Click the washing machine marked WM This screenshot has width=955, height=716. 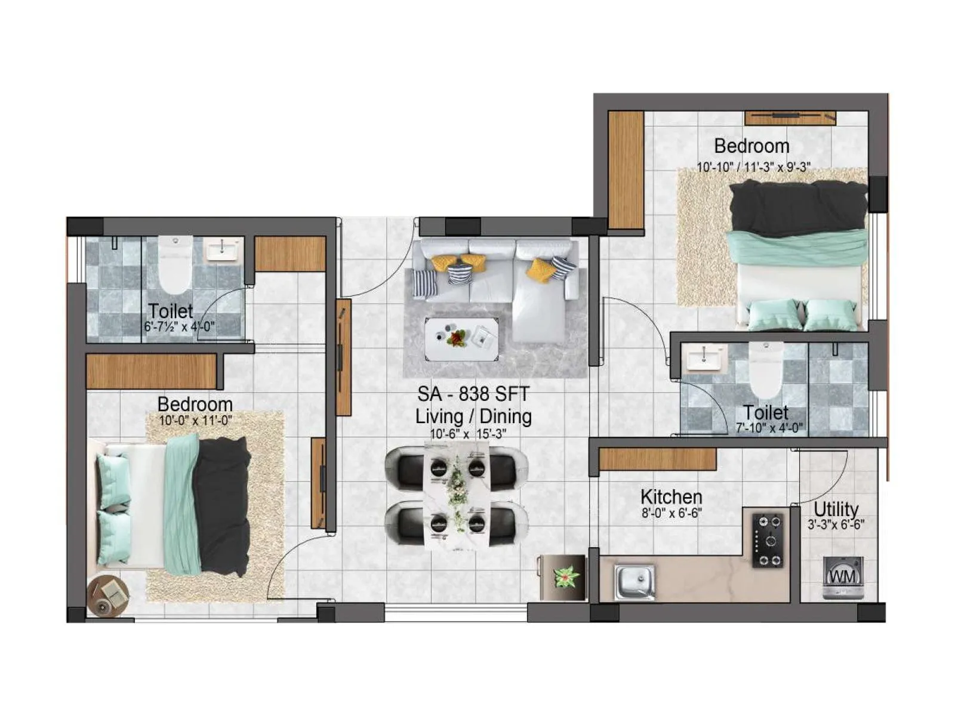pos(842,577)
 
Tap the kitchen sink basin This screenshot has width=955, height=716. pos(635,581)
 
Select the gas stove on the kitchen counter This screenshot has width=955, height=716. pos(768,540)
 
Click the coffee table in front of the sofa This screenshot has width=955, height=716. pos(461,339)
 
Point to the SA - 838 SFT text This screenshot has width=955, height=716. pos(473,394)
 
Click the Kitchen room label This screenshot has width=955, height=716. pos(671,496)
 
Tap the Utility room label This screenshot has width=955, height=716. pos(836,509)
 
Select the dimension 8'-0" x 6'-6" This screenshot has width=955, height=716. pos(671,513)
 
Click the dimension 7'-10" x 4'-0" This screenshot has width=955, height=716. pos(769,428)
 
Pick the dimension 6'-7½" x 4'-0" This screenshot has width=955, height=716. pos(179,327)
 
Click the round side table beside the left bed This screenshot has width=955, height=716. pos(108,596)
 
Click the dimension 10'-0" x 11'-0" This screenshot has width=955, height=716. pos(195,421)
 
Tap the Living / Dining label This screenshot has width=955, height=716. pos(473,416)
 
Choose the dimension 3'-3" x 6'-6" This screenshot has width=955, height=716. pos(836,525)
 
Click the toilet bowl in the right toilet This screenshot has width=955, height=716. pos(766,369)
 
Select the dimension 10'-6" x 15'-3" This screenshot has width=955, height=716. pos(469,434)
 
